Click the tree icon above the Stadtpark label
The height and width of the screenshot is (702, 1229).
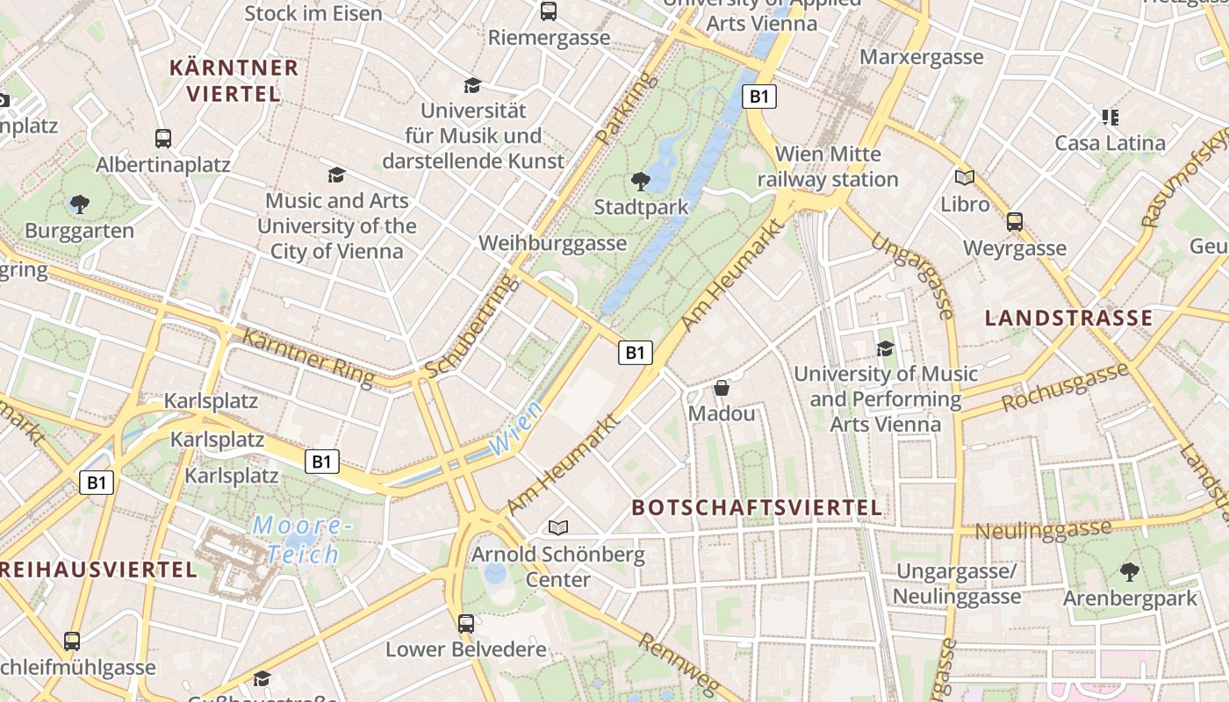pos(641,182)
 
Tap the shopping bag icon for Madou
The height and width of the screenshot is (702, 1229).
pos(722,387)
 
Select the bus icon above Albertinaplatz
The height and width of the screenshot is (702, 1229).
pos(163,138)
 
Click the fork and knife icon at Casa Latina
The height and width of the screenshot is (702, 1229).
pos(1110,117)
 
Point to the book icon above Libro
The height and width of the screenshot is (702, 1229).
pos(965,177)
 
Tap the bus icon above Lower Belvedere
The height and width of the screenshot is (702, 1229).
pos(466,624)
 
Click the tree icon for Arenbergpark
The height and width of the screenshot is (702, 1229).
pos(1130,572)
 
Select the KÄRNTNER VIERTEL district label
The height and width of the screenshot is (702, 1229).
pos(234,81)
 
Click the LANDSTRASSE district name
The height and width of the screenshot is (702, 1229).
pos(1068,318)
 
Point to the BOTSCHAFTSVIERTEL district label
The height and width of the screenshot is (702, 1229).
pos(757,507)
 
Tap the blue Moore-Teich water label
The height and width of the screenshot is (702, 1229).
pos(303,540)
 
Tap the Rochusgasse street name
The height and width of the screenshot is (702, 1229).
pos(1064,388)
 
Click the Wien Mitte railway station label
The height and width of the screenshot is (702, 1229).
pos(828,167)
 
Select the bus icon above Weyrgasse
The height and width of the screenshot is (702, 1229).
pos(1015,221)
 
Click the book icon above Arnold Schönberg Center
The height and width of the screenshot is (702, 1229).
pos(558,527)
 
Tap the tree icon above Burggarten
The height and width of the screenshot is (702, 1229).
pos(80,204)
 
